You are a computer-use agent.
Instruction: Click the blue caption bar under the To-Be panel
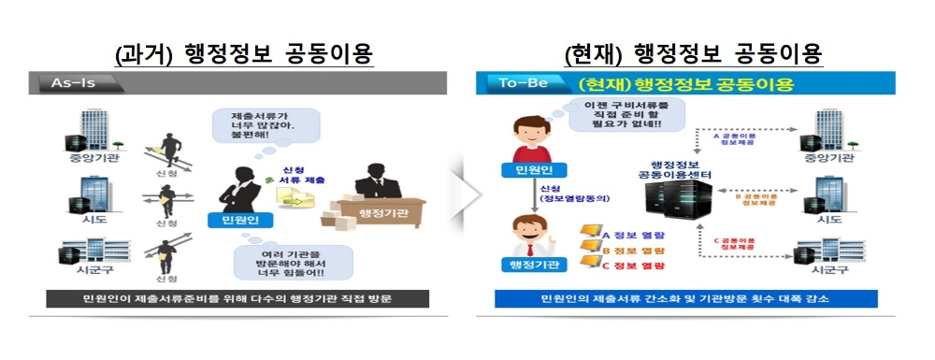(692, 299)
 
